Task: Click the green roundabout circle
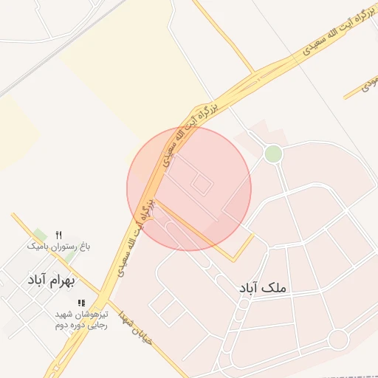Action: click(273, 154)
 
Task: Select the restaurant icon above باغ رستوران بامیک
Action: click(59, 234)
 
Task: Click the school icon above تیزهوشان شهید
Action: click(81, 303)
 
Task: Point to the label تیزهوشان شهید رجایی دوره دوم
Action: click(81, 320)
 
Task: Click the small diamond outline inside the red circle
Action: click(201, 182)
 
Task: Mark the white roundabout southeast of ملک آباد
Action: click(337, 339)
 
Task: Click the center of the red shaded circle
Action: click(189, 189)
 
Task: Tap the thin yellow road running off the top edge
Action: click(221, 33)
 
